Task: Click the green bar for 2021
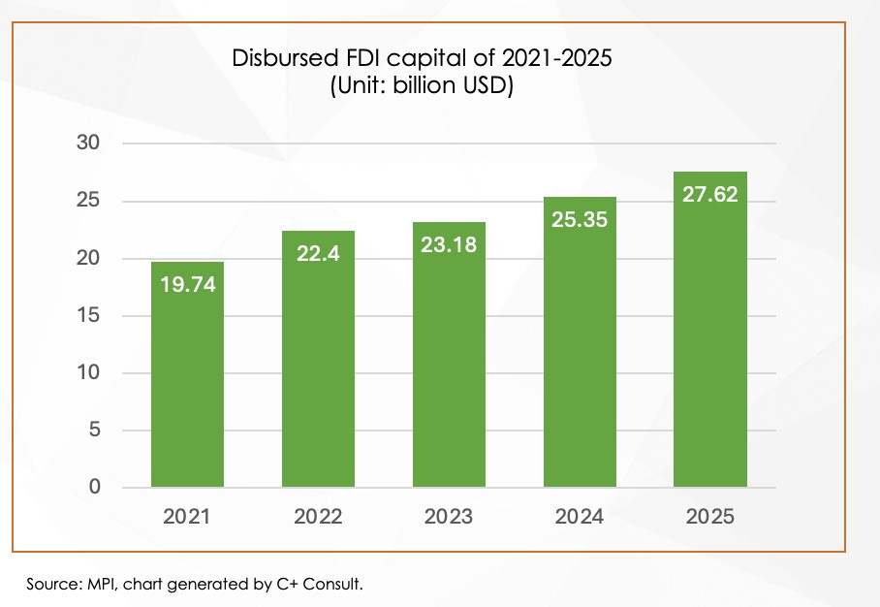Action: pos(187,388)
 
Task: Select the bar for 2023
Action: pos(449,368)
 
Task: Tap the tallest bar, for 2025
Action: pos(709,349)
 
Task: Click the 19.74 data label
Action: pos(187,285)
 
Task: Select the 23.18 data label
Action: pos(449,245)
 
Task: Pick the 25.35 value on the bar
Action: pos(580,220)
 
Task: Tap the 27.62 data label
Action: pos(709,195)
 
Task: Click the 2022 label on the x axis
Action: pos(318,517)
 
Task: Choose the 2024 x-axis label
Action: pos(580,517)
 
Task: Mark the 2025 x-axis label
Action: pos(709,517)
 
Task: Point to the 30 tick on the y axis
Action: pos(89,144)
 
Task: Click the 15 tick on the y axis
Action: pos(89,316)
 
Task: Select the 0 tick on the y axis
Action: pos(95,488)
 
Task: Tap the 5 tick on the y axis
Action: pos(95,431)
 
